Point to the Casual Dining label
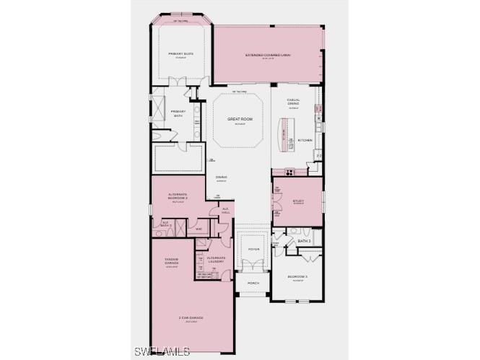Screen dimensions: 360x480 (x=293, y=102)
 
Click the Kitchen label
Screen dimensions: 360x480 (x=305, y=140)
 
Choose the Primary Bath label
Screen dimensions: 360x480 (x=178, y=113)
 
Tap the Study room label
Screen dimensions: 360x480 (x=298, y=201)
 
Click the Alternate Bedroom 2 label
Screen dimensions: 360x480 (x=178, y=196)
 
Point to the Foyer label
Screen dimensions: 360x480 (x=253, y=249)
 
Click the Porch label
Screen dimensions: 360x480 (x=253, y=283)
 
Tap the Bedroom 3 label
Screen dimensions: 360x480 (x=298, y=277)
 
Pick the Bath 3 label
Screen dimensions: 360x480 (x=304, y=241)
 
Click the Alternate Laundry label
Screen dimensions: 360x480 (x=216, y=258)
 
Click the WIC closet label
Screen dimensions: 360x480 (x=199, y=229)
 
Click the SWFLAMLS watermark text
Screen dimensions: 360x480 (x=162, y=351)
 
